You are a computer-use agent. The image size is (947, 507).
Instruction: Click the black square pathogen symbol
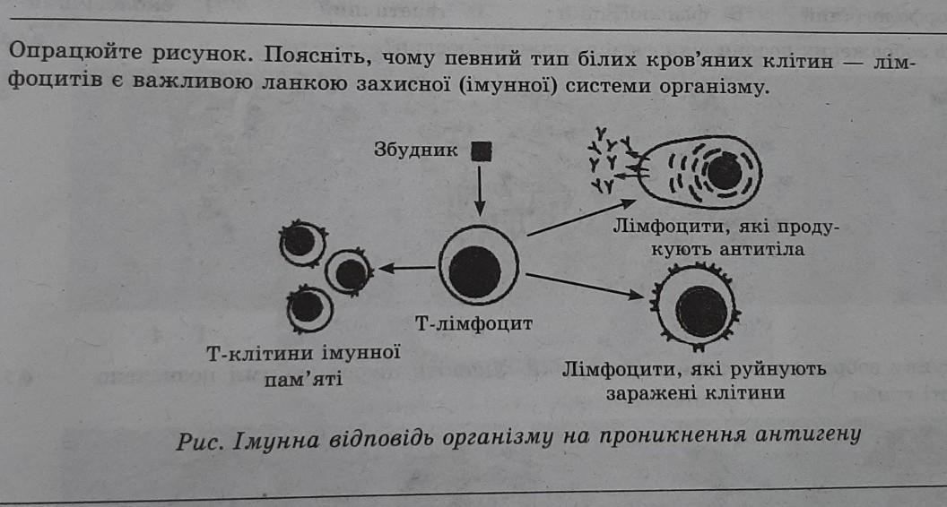tap(481, 150)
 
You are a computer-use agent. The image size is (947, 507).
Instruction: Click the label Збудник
tap(416, 150)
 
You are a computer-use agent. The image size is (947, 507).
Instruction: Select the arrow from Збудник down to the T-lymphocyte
tap(480, 191)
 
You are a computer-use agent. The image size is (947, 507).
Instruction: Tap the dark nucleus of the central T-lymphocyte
tap(474, 271)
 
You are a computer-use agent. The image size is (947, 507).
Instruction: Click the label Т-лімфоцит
tap(473, 323)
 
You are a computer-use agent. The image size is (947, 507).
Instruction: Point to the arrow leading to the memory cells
tap(406, 268)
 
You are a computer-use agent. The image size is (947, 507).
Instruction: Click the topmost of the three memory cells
tap(302, 243)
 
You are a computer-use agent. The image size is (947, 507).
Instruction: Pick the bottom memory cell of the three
tap(309, 308)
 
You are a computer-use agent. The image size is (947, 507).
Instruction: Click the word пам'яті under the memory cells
tap(303, 380)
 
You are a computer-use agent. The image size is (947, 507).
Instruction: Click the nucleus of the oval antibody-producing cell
tap(724, 173)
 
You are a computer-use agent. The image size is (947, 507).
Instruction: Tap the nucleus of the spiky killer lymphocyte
tap(701, 311)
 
